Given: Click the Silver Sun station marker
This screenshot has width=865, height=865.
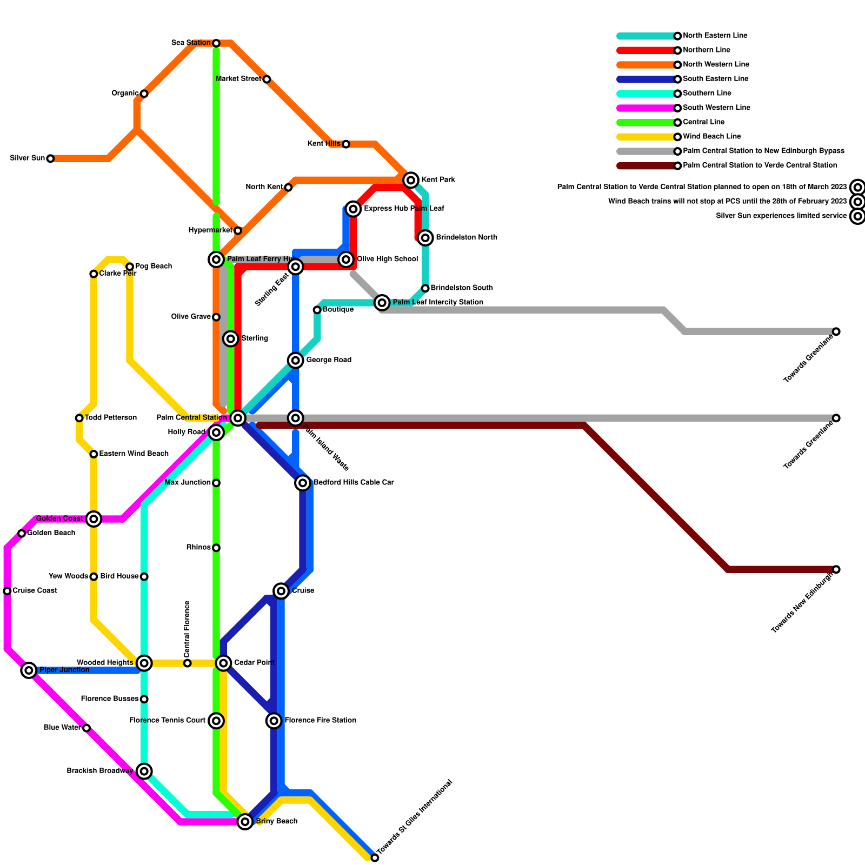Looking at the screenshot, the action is (50, 158).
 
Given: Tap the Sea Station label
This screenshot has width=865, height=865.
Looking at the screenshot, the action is (190, 43).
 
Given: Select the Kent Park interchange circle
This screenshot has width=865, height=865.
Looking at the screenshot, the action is (411, 179).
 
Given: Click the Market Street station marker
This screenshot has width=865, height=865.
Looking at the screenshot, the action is (267, 79).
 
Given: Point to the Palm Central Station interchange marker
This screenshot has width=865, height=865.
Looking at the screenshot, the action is (238, 417).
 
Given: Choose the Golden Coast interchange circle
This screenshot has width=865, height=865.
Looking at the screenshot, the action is (94, 519).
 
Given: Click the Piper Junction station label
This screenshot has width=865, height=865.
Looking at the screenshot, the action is (64, 670).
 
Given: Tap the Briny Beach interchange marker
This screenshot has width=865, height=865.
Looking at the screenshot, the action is (245, 822).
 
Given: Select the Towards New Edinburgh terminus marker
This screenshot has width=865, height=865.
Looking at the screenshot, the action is (836, 569).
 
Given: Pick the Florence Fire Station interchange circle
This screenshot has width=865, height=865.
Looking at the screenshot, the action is (274, 720).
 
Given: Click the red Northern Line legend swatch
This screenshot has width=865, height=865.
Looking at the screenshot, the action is (646, 50).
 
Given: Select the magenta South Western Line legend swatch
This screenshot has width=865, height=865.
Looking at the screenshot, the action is (646, 108).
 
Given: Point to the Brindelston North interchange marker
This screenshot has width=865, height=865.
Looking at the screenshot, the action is (425, 237).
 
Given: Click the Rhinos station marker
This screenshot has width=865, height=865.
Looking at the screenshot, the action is (216, 548).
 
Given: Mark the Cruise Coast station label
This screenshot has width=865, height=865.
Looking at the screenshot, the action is (35, 590).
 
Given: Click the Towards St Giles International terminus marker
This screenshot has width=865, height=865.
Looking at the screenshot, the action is (375, 858).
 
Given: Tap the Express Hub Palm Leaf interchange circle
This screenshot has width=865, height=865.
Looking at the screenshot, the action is (353, 209).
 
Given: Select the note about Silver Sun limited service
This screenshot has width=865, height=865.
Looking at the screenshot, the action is (781, 216).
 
